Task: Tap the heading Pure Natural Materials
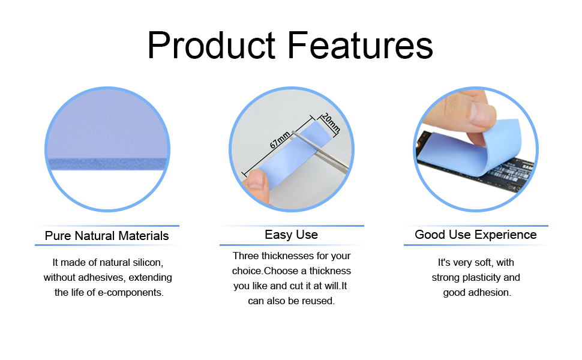[x=107, y=236]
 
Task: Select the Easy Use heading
[x=292, y=235]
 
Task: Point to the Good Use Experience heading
[x=475, y=235]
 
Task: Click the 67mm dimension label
[x=280, y=140]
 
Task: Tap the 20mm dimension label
[x=331, y=123]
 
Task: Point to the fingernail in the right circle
[x=482, y=115]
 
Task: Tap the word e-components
[x=130, y=292]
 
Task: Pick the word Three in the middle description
[x=246, y=256]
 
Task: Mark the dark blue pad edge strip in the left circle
[x=107, y=164]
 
